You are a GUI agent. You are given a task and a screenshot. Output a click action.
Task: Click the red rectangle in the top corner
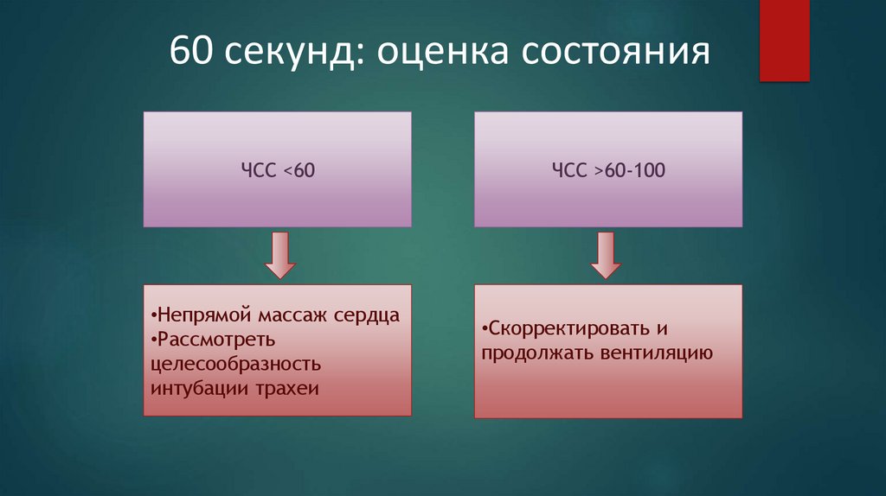tap(784, 40)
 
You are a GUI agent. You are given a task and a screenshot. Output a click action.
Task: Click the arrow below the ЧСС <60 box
tap(278, 255)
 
